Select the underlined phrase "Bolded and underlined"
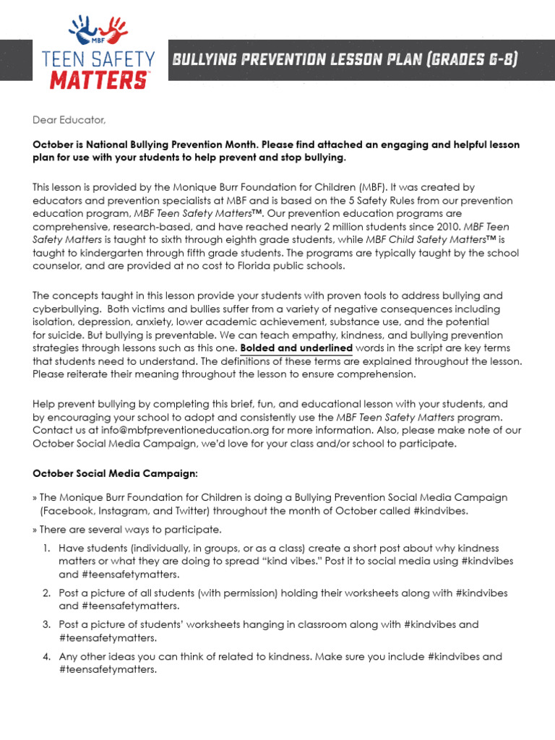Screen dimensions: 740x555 (296, 348)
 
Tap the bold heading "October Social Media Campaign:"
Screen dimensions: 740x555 (115, 473)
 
